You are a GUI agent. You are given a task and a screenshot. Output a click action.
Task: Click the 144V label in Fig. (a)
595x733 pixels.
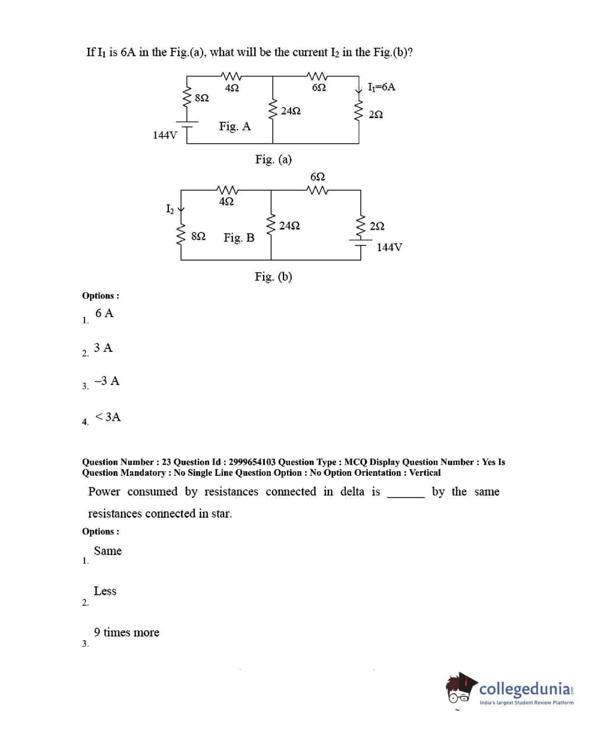[165, 135]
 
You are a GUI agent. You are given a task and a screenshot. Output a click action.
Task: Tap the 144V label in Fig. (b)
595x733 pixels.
[389, 247]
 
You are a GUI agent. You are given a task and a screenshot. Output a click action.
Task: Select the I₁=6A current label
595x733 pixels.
[381, 87]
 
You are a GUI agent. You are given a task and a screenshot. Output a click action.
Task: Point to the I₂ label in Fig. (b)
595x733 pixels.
[169, 208]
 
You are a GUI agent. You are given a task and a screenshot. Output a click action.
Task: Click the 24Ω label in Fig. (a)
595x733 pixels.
[291, 111]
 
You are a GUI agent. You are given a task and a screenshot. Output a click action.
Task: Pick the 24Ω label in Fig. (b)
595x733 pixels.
[289, 226]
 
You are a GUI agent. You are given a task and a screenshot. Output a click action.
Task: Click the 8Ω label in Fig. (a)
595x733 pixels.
[201, 98]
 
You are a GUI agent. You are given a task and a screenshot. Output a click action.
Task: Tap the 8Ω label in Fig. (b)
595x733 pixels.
[198, 236]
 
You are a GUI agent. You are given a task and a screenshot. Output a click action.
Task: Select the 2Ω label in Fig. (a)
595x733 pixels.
[376, 114]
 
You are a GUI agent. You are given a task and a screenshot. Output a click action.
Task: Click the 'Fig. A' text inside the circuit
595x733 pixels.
[235, 126]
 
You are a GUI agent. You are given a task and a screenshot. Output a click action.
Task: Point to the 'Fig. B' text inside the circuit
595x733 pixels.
[239, 237]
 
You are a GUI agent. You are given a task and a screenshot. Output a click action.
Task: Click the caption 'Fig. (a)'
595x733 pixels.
[273, 159]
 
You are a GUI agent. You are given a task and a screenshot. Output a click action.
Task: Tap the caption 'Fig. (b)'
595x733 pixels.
[273, 276]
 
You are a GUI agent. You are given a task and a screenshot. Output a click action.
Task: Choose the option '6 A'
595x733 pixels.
[105, 313]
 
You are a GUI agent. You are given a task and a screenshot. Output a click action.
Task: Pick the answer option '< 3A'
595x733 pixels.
[108, 417]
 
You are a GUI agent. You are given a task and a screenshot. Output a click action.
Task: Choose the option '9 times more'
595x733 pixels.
[126, 632]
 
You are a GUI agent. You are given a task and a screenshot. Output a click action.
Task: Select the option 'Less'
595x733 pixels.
[105, 591]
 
